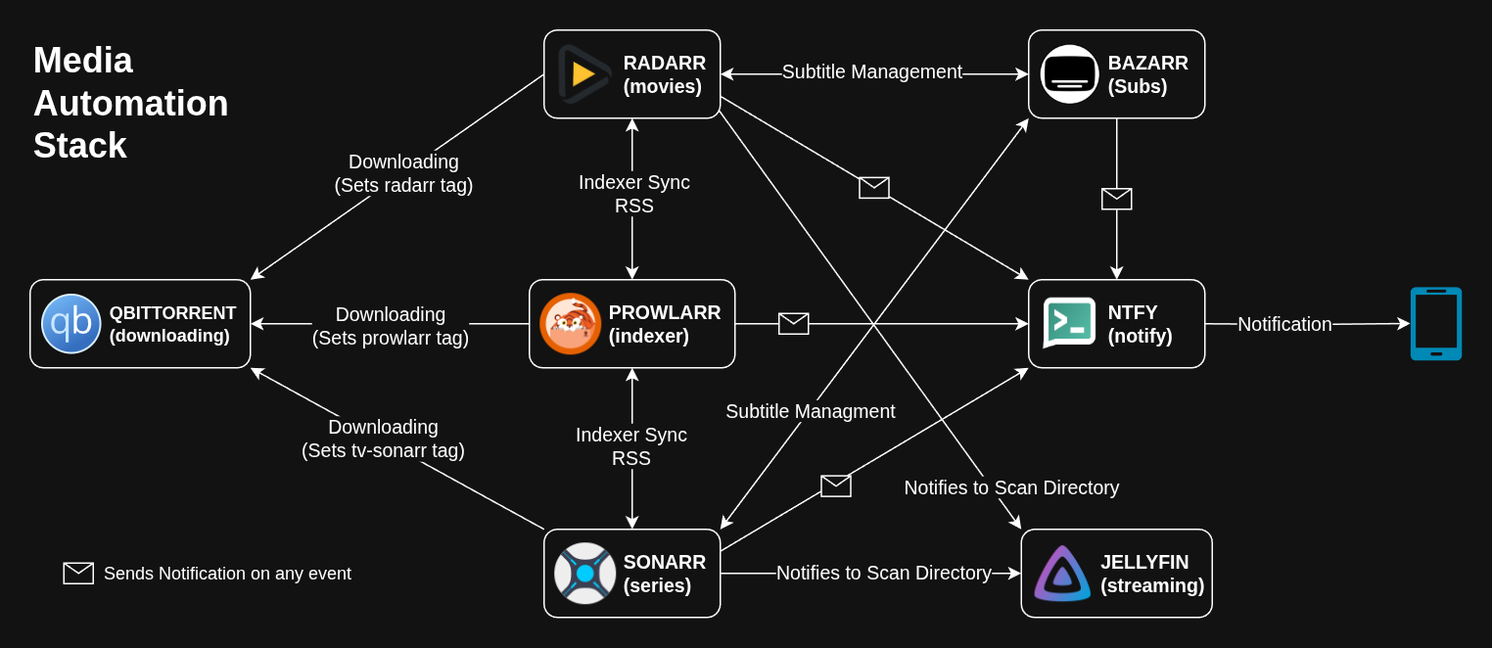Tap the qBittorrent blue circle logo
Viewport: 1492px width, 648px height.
[71, 324]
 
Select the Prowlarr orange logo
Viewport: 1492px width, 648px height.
[571, 324]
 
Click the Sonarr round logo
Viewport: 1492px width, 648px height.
[584, 574]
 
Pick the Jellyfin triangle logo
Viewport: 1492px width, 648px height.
[1062, 574]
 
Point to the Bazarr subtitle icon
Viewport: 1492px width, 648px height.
[1069, 74]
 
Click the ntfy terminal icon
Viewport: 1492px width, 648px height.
[1069, 323]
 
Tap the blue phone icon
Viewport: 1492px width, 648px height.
[1435, 323]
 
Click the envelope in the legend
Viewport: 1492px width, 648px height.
[78, 574]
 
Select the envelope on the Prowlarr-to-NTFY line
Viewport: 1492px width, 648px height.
[794, 323]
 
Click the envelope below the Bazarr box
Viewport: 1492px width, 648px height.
[1117, 199]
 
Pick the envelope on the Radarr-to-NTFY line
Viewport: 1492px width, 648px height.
[874, 188]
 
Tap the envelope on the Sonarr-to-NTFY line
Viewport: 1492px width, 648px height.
[836, 486]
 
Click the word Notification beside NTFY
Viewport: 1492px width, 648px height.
[1284, 324]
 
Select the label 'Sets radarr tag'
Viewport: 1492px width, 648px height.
[403, 185]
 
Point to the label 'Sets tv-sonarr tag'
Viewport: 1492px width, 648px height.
[383, 450]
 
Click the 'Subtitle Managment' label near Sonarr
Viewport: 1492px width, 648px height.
[811, 411]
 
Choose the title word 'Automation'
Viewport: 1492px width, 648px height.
[131, 103]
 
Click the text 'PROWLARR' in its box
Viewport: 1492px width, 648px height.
[665, 312]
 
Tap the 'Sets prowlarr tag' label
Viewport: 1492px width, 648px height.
[391, 338]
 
